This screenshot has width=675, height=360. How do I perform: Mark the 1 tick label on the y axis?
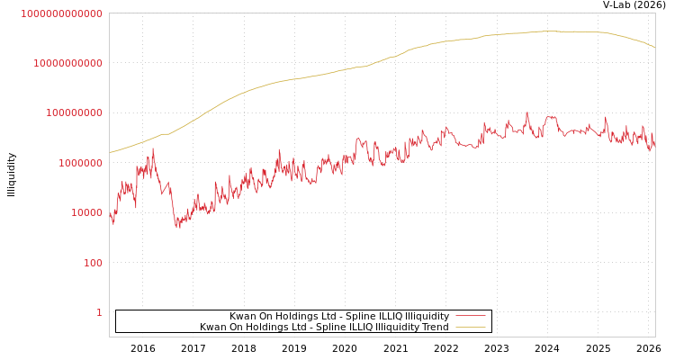pos(99,312)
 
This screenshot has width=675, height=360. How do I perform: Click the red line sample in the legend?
pos(471,316)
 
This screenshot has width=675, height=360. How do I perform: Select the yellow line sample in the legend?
pos(471,327)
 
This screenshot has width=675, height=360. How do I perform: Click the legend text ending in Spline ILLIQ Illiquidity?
pos(338,316)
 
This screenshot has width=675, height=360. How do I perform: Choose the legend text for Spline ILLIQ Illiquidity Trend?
pos(324,327)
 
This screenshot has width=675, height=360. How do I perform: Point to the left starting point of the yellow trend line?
pos(110,152)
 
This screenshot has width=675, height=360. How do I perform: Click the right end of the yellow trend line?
pos(654,47)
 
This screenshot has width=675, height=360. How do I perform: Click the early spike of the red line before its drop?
pos(153,149)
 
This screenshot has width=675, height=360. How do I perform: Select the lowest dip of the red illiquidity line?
pos(177,227)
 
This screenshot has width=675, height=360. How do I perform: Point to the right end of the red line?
pos(654,142)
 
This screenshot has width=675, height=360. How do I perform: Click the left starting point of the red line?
pos(110,214)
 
